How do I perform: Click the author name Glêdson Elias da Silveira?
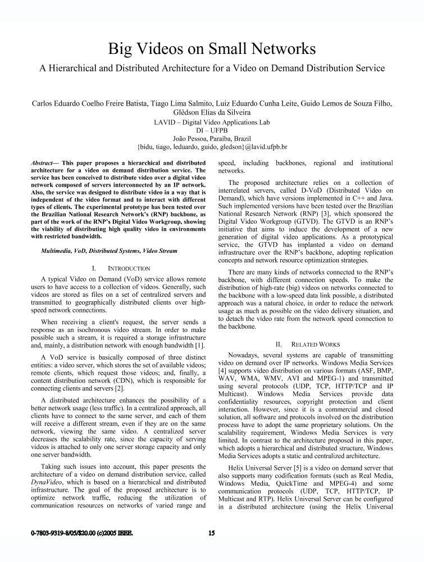point(211,112)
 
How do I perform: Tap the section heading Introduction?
point(127,269)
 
